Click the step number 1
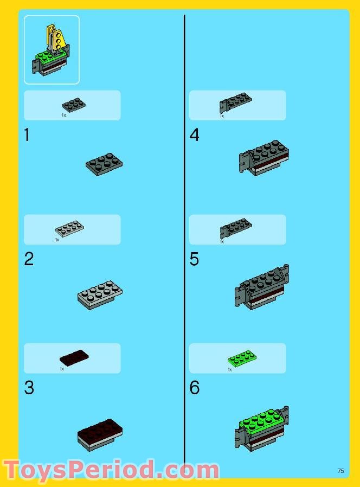click(x=27, y=135)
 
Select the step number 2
click(x=29, y=259)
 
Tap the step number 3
click(x=29, y=388)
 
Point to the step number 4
click(x=194, y=135)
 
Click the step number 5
click(x=194, y=259)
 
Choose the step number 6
click(x=194, y=388)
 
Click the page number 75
click(x=340, y=471)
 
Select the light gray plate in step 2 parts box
click(x=69, y=228)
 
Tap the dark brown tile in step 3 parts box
click(x=74, y=357)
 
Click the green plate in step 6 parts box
click(x=242, y=357)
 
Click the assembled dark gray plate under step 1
click(x=104, y=163)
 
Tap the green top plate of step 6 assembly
click(x=260, y=421)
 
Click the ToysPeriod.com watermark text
click(x=111, y=470)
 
